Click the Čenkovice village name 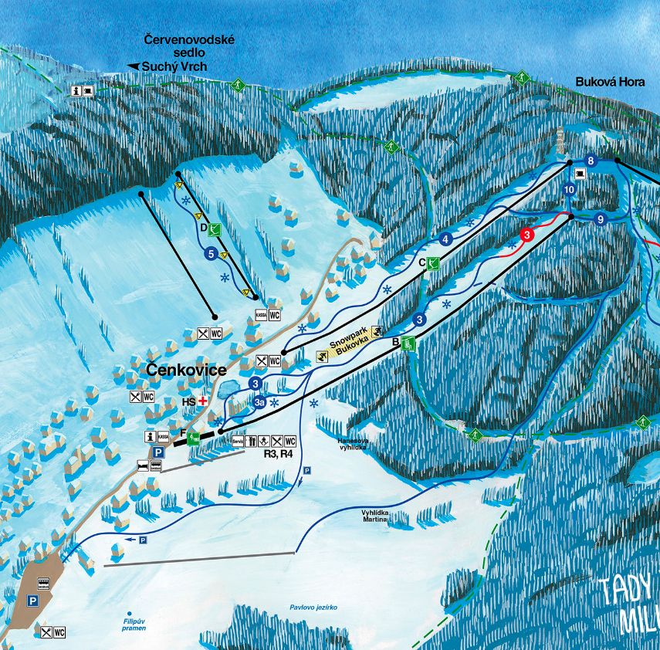pyautogui.click(x=186, y=371)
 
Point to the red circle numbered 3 pyautogui.click(x=527, y=234)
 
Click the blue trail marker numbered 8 pyautogui.click(x=591, y=161)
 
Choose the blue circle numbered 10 pyautogui.click(x=570, y=189)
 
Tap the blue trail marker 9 pyautogui.click(x=599, y=219)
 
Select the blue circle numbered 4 pyautogui.click(x=445, y=239)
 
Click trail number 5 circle pyautogui.click(x=210, y=252)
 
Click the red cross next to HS pyautogui.click(x=204, y=401)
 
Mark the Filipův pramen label pyautogui.click(x=135, y=624)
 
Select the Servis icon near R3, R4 pyautogui.click(x=239, y=442)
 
